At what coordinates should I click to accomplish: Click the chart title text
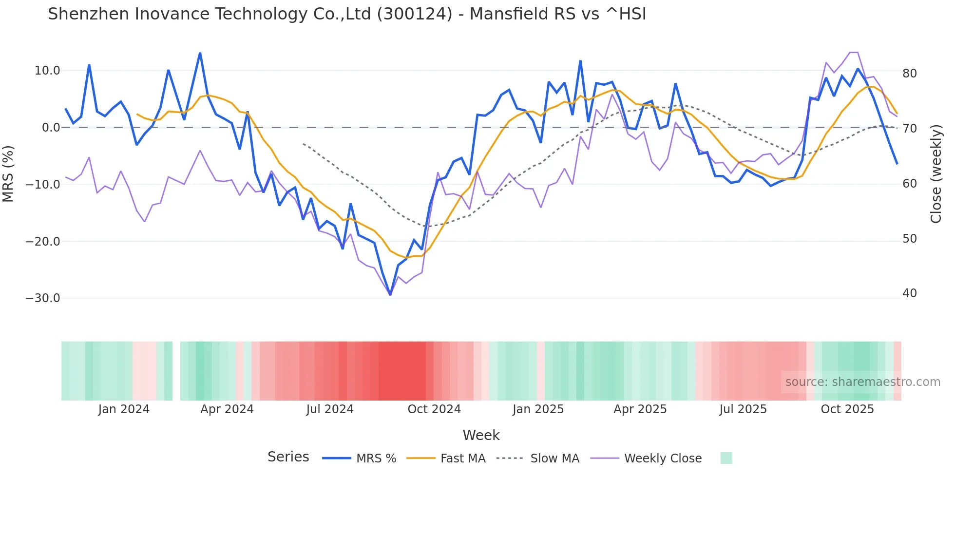pyautogui.click(x=347, y=14)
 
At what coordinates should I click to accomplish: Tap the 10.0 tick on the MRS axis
pyautogui.click(x=47, y=71)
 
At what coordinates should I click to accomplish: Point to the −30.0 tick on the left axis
pyautogui.click(x=43, y=298)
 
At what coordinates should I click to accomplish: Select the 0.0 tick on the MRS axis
pyautogui.click(x=51, y=128)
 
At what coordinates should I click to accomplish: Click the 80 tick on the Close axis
pyautogui.click(x=910, y=74)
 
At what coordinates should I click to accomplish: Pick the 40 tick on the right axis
pyautogui.click(x=910, y=293)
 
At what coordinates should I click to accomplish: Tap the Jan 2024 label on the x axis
pyautogui.click(x=124, y=409)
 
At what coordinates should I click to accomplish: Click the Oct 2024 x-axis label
pyautogui.click(x=434, y=409)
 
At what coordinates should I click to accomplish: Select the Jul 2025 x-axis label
pyautogui.click(x=743, y=409)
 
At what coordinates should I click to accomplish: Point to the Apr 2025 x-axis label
pyautogui.click(x=640, y=409)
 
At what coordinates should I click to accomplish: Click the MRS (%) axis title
pyautogui.click(x=8, y=173)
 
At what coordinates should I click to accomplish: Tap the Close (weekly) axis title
pyautogui.click(x=936, y=174)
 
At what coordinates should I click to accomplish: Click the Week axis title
pyautogui.click(x=481, y=435)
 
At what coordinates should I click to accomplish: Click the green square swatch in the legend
pyautogui.click(x=726, y=458)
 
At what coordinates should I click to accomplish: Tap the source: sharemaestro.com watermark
pyautogui.click(x=862, y=382)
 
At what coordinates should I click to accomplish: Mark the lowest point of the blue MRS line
pyautogui.click(x=390, y=295)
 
